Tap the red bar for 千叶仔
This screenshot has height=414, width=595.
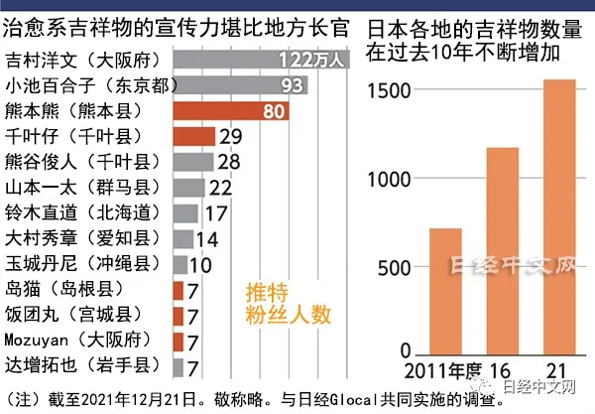coord(192,136)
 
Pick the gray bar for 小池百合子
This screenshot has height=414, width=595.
coord(238,84)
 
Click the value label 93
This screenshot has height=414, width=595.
coord(291,85)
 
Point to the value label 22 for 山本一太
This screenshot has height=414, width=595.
coord(220,188)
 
